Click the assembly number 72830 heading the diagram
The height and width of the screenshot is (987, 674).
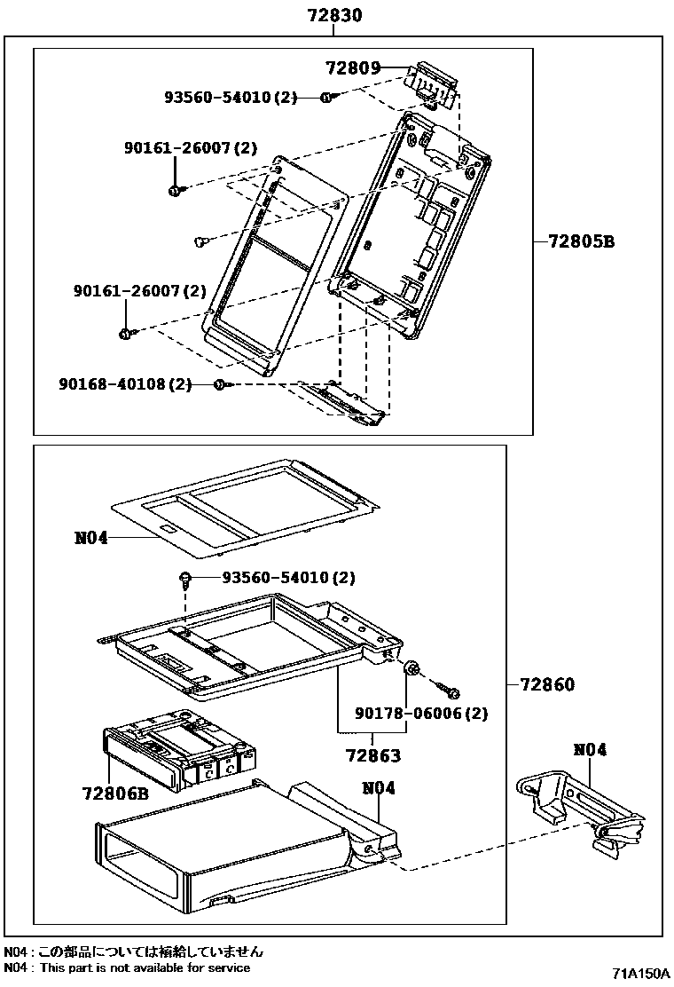coord(333,15)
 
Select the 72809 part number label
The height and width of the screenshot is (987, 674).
coord(352,67)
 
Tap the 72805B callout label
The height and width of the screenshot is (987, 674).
coord(581,241)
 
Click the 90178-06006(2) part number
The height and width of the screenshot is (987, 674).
coord(421,713)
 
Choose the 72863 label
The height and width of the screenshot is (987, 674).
coord(372,756)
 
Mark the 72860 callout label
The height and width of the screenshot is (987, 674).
coord(547,684)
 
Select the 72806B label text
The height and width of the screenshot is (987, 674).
coord(114,793)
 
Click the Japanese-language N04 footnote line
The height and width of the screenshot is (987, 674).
coord(133,951)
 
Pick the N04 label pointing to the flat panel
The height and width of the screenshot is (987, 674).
coord(90,537)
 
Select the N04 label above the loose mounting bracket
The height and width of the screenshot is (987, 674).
coord(590,750)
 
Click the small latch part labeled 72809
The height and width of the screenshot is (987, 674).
coord(434,83)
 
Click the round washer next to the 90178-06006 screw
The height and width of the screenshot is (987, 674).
coord(412,670)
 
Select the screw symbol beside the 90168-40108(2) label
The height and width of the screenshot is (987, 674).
coord(221,384)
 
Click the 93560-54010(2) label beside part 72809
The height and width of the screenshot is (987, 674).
coord(230,98)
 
